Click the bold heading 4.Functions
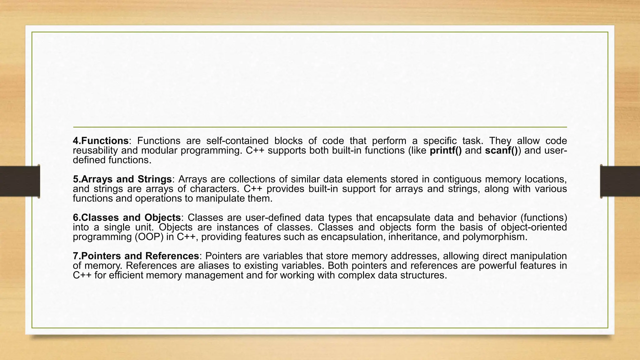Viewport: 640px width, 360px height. coord(101,141)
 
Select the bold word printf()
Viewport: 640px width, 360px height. coord(446,151)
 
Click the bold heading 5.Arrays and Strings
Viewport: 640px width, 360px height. coord(122,179)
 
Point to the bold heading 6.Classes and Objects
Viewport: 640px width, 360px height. coord(127,217)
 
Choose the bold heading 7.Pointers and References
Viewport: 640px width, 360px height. coord(136,256)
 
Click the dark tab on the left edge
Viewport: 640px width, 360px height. coord(20,181)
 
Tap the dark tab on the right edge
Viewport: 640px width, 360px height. coord(620,181)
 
